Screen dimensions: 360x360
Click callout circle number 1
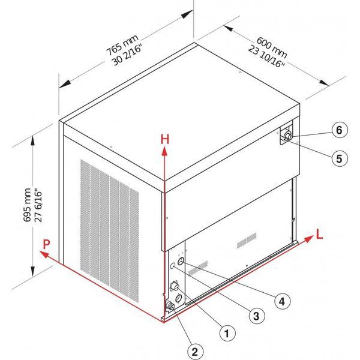[x=227, y=333]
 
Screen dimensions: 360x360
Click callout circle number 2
[x=195, y=352]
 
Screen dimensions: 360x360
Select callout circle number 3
[x=257, y=316]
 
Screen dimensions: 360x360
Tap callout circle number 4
[x=283, y=301]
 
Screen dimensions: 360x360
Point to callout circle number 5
[x=340, y=158]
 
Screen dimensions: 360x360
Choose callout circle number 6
[x=340, y=130]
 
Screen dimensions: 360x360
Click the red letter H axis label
[x=165, y=139]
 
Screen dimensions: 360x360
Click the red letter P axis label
[x=46, y=244]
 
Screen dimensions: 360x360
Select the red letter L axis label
[x=319, y=234]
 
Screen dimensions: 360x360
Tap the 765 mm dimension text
[x=122, y=45]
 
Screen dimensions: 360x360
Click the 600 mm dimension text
[x=272, y=47]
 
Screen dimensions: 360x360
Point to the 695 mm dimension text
[x=28, y=205]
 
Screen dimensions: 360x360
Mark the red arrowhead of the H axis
[x=164, y=152]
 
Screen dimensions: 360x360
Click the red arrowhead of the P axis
[x=44, y=254]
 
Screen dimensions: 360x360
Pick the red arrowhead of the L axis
[x=308, y=239]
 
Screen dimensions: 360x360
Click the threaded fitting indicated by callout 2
[x=170, y=306]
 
